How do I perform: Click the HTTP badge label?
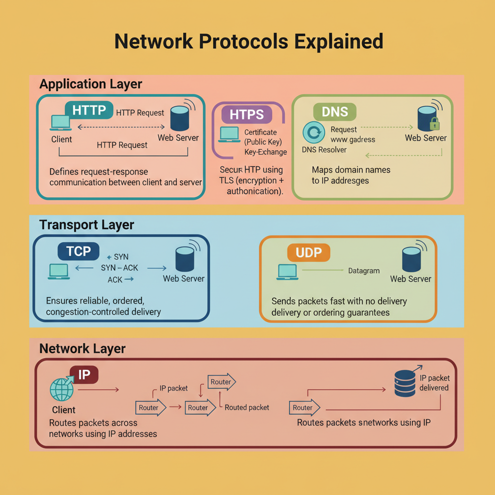tap(89, 110)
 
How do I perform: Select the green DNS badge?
tap(335, 112)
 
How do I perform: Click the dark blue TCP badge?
tap(78, 251)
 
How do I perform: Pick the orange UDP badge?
tap(308, 252)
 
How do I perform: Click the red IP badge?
tap(84, 374)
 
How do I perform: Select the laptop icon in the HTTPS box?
tap(229, 133)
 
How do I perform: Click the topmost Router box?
tap(221, 382)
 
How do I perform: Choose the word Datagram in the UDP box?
tap(364, 271)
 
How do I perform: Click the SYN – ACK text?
tap(119, 268)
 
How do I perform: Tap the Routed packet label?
tap(247, 408)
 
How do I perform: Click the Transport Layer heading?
tap(87, 225)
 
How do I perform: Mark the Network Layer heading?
tap(82, 349)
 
